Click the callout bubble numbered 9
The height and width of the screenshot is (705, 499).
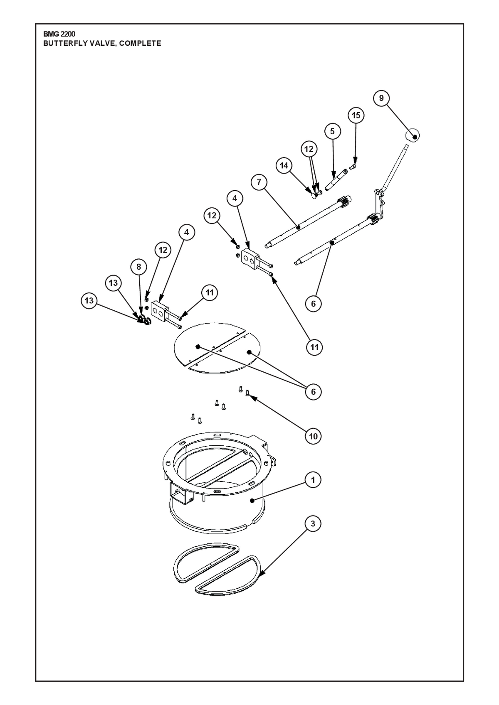(x=381, y=98)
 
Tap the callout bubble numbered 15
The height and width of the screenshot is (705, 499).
(x=356, y=115)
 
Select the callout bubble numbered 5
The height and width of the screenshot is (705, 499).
(x=332, y=131)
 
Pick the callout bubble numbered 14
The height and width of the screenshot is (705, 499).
(x=284, y=165)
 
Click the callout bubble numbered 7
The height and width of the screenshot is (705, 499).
(x=259, y=182)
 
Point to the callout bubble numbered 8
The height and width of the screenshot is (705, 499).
(x=138, y=267)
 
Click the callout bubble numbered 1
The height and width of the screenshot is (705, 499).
(x=313, y=480)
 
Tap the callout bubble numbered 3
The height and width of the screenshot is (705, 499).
(x=313, y=523)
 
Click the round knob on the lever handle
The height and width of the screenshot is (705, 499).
(x=412, y=136)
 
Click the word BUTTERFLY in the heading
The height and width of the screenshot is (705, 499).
(x=61, y=43)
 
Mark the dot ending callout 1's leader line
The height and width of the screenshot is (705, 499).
(x=252, y=501)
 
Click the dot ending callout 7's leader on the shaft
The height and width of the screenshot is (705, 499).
(x=298, y=226)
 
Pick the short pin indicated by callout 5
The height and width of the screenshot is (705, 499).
(x=336, y=180)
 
